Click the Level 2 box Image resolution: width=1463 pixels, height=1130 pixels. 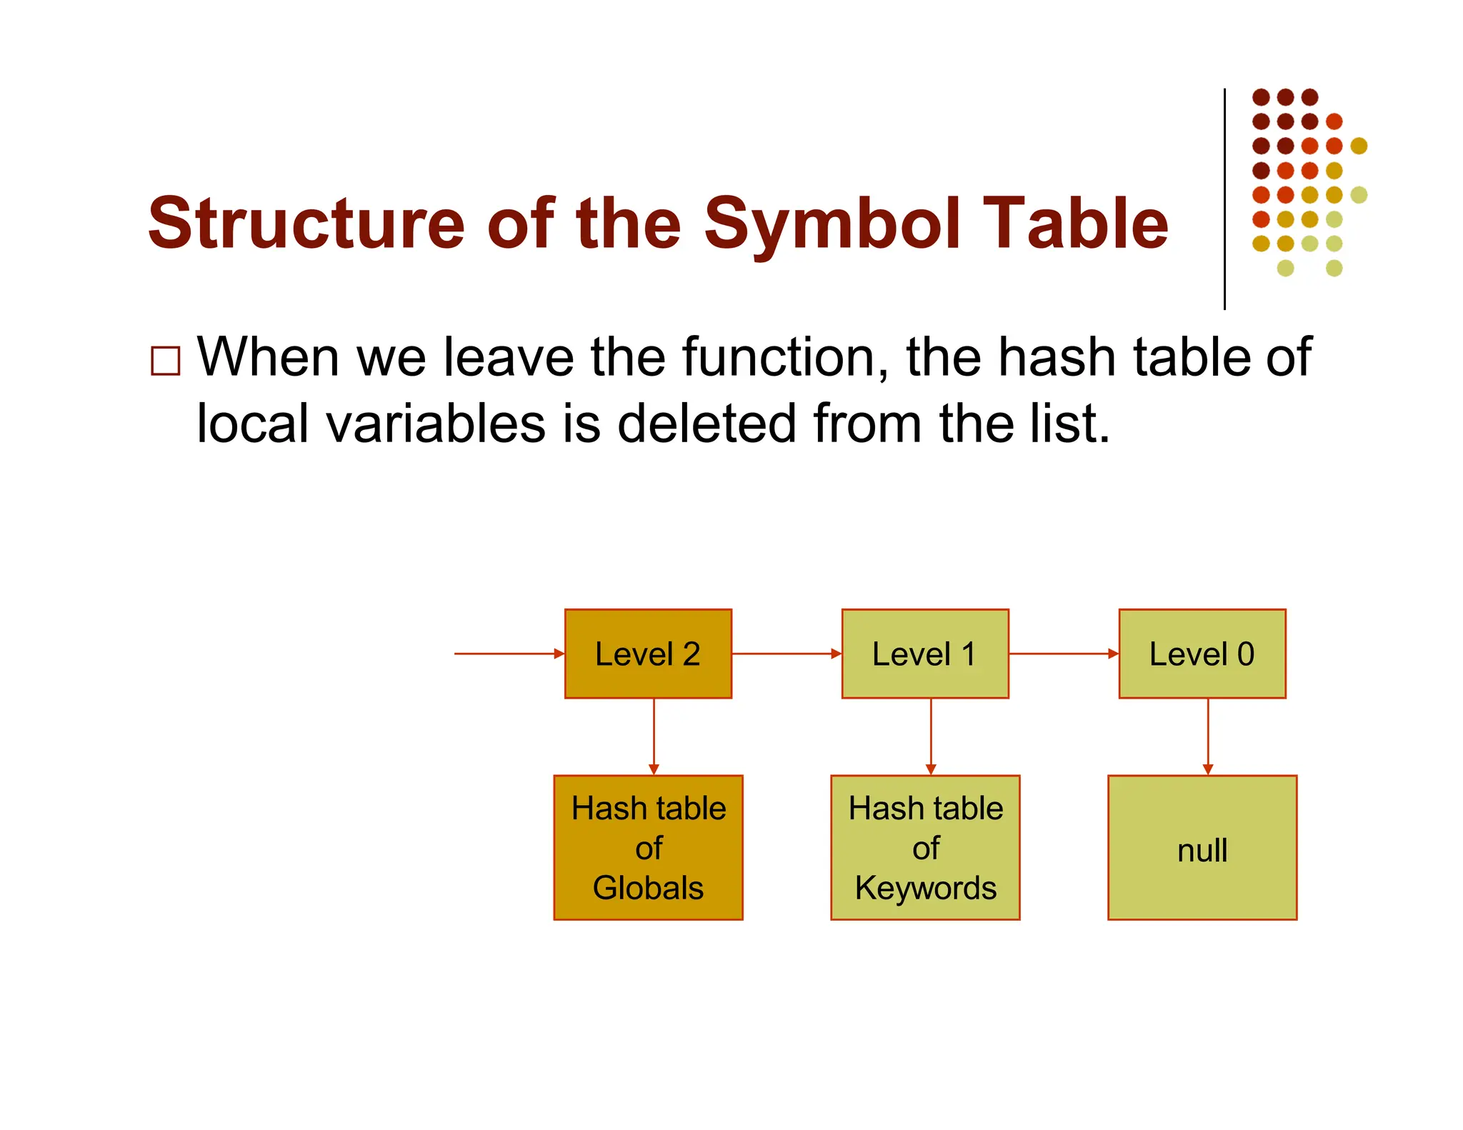(x=648, y=654)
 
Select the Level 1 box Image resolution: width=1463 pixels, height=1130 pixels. (x=925, y=654)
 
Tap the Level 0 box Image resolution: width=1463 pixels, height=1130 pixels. (x=1202, y=654)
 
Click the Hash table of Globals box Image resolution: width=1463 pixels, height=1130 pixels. (x=648, y=848)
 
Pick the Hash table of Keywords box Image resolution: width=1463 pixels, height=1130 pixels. (x=925, y=848)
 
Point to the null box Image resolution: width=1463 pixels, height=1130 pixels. (x=1202, y=848)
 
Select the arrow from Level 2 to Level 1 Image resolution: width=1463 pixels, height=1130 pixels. (x=786, y=654)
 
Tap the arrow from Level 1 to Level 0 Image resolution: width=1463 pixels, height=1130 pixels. (x=1063, y=654)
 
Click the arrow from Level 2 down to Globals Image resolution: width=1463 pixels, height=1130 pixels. (x=654, y=736)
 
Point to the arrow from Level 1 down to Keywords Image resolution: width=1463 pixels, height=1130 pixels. (x=931, y=736)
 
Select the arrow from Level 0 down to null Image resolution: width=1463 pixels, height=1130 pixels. (x=1208, y=736)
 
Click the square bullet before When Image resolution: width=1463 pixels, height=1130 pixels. (x=166, y=361)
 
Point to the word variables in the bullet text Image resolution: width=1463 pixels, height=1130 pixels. (x=436, y=424)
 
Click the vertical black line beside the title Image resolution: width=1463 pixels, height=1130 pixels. (x=1224, y=200)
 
